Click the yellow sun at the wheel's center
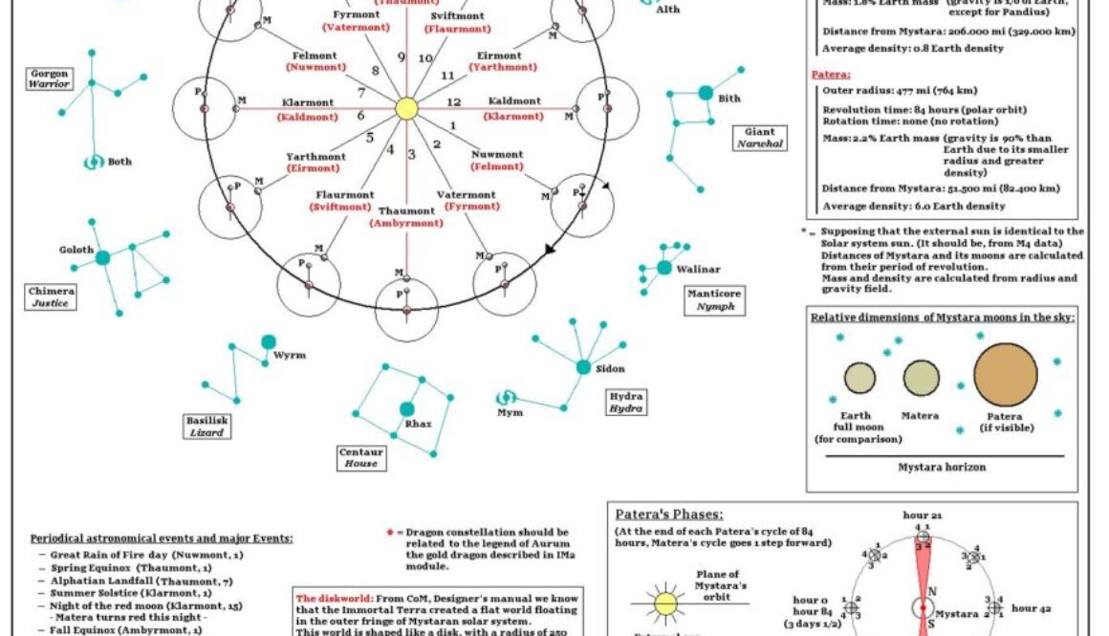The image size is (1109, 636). coord(405,108)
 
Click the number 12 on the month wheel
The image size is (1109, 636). coord(454,101)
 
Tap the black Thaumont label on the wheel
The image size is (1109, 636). coord(406,210)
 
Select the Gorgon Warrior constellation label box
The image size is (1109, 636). coord(51,78)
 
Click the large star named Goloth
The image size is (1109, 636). coord(102,257)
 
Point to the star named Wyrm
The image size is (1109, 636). coord(269,341)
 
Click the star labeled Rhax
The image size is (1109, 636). coord(407,409)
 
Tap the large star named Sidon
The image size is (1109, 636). coord(583,367)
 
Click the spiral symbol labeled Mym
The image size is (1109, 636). coord(508,397)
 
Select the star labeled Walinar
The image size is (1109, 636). coord(664,269)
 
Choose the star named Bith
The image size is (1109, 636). coord(706,93)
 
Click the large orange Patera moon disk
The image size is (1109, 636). coord(1005,375)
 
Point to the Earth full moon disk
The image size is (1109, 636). coord(859,378)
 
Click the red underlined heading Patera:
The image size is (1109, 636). coord(828,73)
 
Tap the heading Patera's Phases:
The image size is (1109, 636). coord(668,515)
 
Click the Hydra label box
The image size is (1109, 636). coord(626,402)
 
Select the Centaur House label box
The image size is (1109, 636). coord(361,457)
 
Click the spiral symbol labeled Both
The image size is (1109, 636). coord(94,162)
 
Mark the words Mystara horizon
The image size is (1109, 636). coord(942,468)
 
